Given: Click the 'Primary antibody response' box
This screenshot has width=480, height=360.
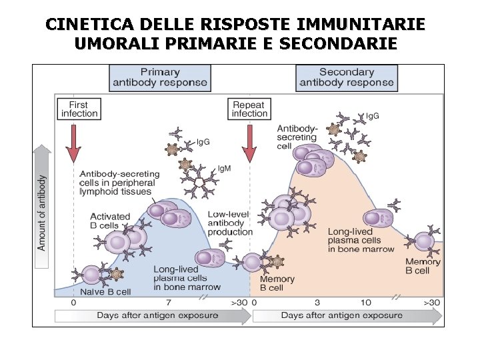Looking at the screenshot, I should coord(160,77).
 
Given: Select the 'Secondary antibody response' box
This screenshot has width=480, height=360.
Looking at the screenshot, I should coord(347,77).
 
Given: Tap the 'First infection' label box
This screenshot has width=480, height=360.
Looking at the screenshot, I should coord(79,109).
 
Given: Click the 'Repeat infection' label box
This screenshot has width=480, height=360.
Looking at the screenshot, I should coord(249,109).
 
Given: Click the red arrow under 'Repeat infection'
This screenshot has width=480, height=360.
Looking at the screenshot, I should coord(250,144).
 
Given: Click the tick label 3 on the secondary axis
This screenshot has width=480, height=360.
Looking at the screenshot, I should coord(317,303).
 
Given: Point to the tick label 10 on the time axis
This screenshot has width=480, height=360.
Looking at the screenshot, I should coord(365,303).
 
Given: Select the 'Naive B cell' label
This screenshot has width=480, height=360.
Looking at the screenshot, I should coord(105,291).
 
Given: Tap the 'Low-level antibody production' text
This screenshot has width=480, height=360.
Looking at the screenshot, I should coord(230,223).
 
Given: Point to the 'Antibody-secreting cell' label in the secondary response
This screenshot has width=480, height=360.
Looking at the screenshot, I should coord(297,137).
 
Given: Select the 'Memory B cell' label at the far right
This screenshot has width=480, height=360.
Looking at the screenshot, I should coord(423,266).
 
